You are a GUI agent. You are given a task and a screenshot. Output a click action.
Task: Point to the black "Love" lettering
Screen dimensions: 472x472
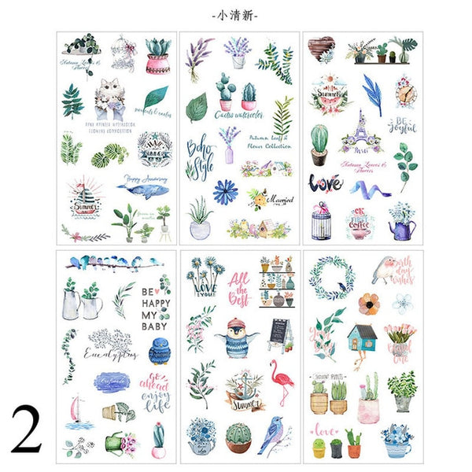324,183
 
